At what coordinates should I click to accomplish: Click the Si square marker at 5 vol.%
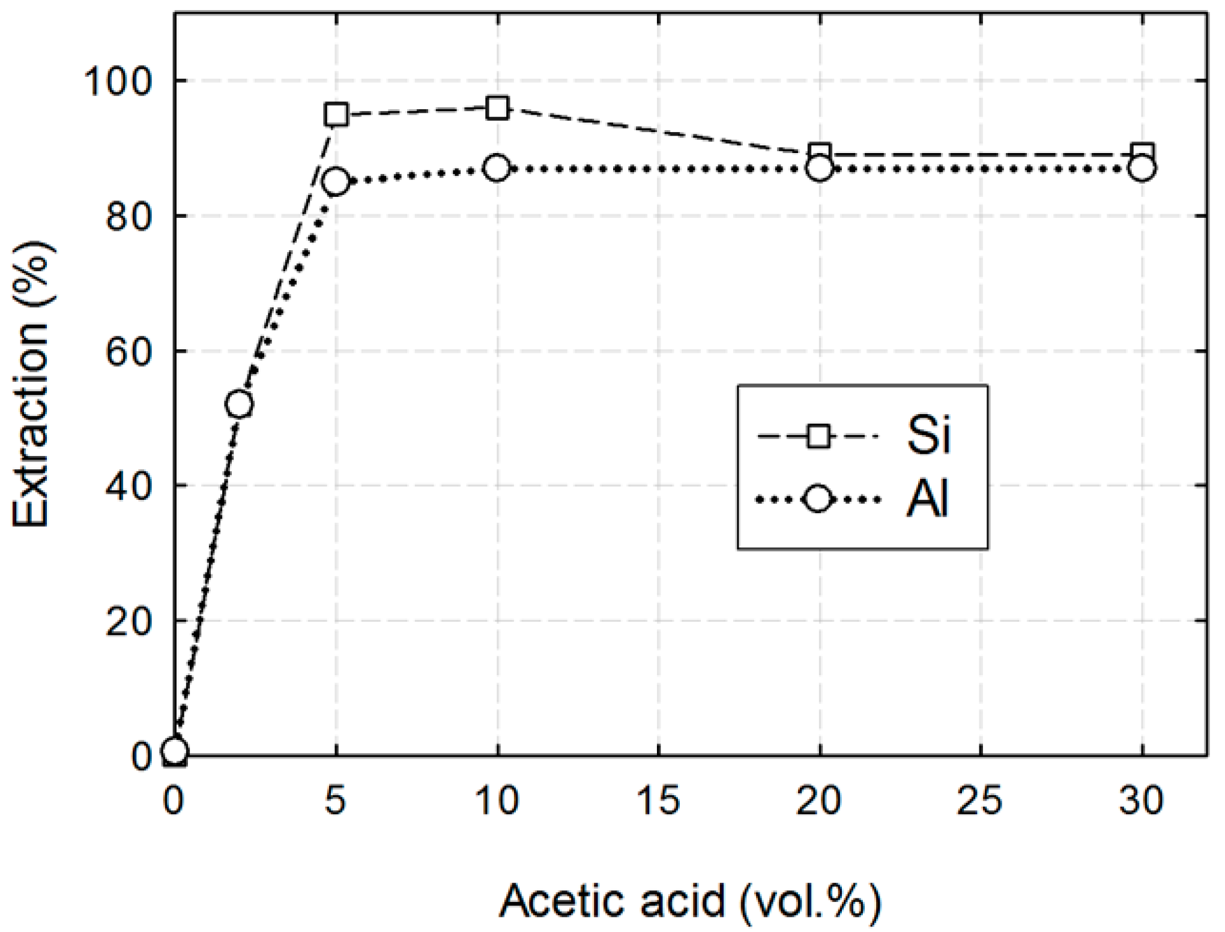pos(336,114)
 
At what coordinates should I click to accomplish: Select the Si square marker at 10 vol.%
pos(497,108)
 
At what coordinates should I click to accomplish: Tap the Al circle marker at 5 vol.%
pos(336,181)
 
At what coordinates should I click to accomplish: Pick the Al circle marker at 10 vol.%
pos(497,169)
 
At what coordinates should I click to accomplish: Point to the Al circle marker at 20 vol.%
pos(820,169)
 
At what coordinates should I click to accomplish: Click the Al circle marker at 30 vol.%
pos(1142,169)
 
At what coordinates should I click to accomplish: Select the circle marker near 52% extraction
pos(239,404)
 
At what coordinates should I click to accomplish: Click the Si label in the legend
pos(928,435)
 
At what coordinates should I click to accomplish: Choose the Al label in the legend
pos(927,499)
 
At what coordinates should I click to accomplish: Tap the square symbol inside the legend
pos(818,436)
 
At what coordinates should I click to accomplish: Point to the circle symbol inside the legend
pos(818,499)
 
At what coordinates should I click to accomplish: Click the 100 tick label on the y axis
pos(118,81)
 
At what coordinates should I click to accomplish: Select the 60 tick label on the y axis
pos(127,351)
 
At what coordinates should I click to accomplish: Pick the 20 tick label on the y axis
pos(127,621)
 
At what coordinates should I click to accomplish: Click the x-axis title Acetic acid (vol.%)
pos(691,901)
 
